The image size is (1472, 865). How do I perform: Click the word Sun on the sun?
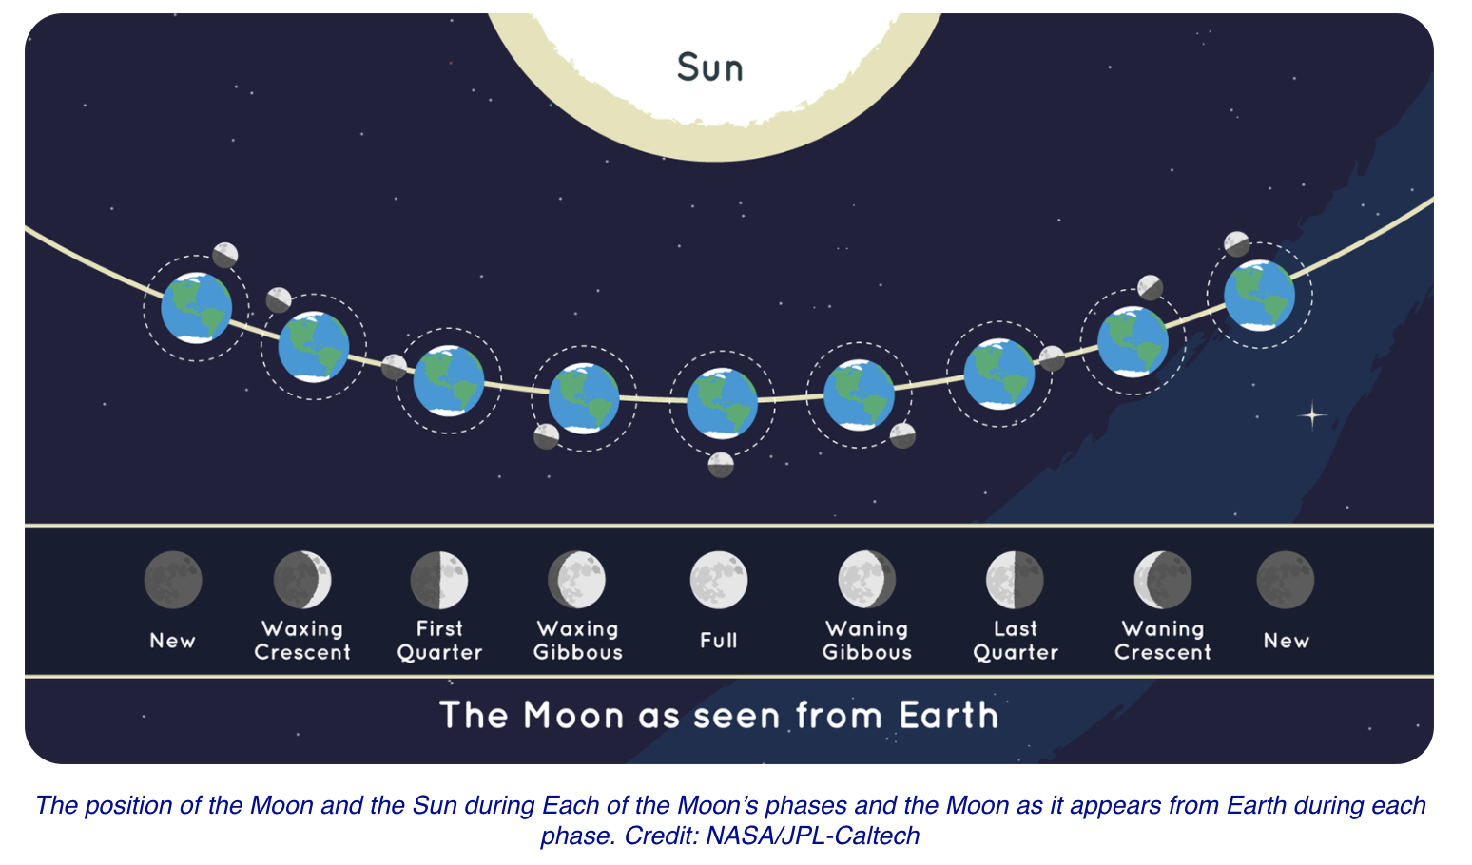[709, 67]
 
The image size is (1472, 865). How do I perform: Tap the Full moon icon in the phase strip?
[719, 580]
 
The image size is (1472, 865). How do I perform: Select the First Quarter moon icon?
[439, 580]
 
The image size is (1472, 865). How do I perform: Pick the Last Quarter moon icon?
[1015, 580]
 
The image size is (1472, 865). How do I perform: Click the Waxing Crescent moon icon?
[302, 580]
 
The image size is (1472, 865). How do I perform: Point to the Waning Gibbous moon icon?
[867, 580]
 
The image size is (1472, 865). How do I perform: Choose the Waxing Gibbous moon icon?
[577, 580]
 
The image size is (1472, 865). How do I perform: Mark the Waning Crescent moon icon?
[1163, 580]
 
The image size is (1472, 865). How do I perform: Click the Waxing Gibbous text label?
[577, 641]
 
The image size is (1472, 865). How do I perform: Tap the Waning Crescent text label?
[1163, 641]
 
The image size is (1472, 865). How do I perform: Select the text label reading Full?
[718, 641]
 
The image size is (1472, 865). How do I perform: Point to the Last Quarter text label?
[1016, 641]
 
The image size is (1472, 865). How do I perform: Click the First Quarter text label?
[439, 641]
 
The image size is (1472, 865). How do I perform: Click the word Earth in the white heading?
[949, 715]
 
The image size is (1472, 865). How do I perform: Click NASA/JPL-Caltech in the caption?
[813, 836]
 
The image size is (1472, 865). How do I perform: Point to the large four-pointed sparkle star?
[1312, 415]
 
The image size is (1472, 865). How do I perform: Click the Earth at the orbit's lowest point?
[722, 403]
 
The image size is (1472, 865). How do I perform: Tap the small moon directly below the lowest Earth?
[721, 465]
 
